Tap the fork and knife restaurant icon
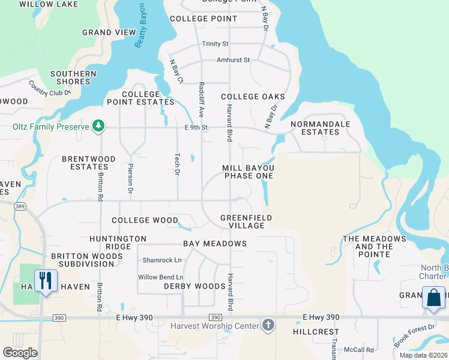[46, 280]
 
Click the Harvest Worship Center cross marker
[268, 326]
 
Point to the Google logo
[20, 353]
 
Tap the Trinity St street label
[215, 44]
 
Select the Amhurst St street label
[234, 60]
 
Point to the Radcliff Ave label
[202, 99]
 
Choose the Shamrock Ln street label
[161, 260]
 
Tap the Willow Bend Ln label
[160, 277]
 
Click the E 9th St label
[196, 127]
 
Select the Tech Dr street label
[177, 163]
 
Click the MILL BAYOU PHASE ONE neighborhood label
[249, 172]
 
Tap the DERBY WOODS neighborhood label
[194, 286]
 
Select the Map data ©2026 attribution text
[423, 355]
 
